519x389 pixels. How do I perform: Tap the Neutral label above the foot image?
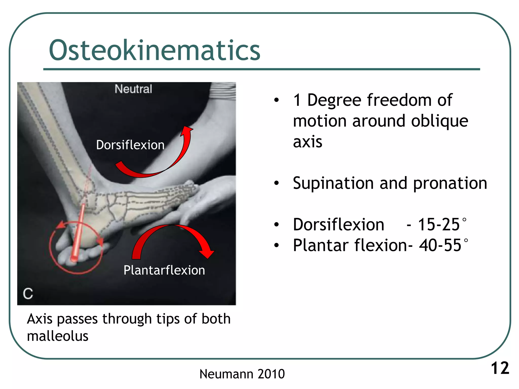point(133,89)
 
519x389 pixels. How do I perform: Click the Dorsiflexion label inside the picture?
point(130,145)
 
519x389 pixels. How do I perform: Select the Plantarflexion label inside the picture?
point(164,270)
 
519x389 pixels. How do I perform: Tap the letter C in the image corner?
point(28,294)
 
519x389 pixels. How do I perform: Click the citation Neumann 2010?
point(242,374)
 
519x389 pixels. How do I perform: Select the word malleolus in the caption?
point(58,336)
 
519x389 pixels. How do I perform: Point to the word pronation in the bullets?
point(450,183)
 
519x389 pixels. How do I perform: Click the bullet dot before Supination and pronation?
point(276,183)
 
